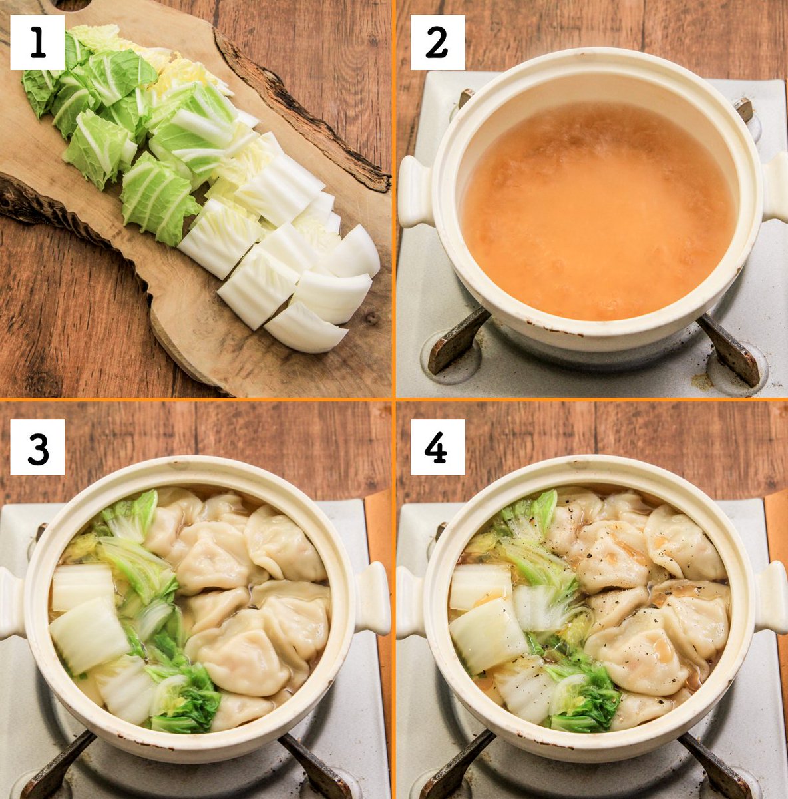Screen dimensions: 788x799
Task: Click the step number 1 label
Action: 37,43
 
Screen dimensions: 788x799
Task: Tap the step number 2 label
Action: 437,43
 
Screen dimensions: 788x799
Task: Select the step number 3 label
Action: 37,447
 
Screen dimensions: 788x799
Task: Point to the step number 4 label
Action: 437,447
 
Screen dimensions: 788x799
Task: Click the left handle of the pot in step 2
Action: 417,192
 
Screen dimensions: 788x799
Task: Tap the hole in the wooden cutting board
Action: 73,4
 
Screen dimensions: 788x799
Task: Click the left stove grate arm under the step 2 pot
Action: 456,342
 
